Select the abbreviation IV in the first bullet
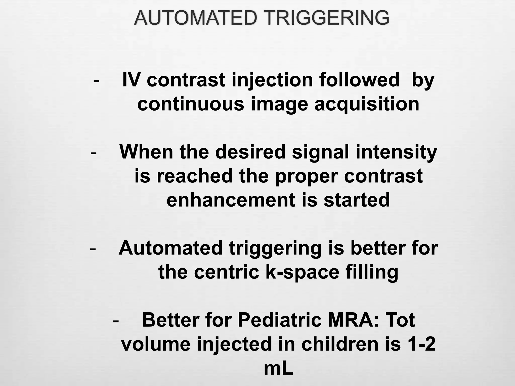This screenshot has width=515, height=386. (x=131, y=80)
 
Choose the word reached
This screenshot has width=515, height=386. (x=195, y=176)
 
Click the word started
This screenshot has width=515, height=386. (x=357, y=200)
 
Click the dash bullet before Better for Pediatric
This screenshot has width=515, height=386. (x=116, y=321)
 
